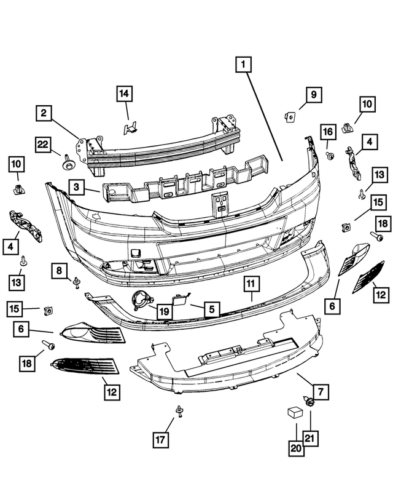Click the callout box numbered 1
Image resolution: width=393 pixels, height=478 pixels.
pos(243,64)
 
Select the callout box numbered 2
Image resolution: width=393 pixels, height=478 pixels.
pos(44,113)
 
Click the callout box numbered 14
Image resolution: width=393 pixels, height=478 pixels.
pos(125,94)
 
